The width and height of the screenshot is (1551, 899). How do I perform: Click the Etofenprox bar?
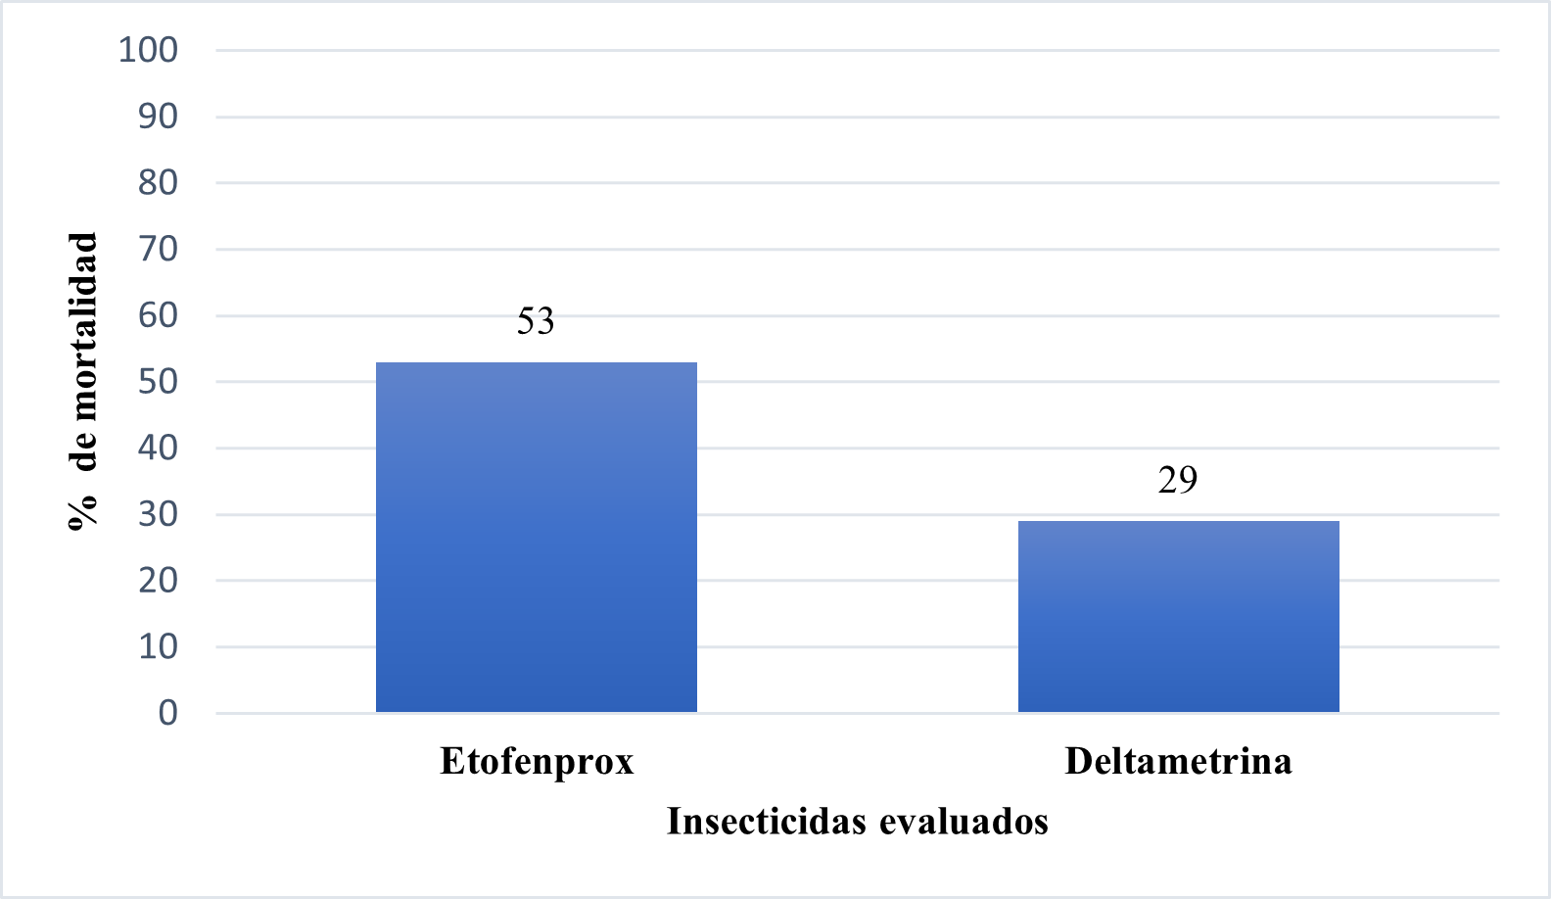tap(537, 537)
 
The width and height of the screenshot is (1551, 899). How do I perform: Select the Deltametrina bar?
tap(1178, 616)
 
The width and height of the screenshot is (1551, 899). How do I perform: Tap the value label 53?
tap(536, 321)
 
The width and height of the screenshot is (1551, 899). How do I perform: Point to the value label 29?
tap(1177, 480)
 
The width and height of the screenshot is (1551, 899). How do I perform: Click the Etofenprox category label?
tap(537, 761)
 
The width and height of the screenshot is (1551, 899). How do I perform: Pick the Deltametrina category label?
tap(1178, 761)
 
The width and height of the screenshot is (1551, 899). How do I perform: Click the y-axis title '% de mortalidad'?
tap(83, 381)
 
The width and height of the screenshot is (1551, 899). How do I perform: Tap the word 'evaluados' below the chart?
tap(963, 821)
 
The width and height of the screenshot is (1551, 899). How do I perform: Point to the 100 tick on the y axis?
tap(148, 50)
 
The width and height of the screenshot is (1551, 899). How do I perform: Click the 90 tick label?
tap(158, 117)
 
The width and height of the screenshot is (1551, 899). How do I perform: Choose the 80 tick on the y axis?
tap(158, 182)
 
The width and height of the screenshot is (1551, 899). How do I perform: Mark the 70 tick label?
tap(158, 249)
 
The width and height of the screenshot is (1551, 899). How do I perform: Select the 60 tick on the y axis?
tap(158, 315)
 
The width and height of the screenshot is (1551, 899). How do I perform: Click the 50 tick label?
tap(158, 381)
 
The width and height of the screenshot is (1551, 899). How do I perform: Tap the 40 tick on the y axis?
tap(158, 448)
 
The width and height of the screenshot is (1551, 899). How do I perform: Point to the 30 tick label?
tap(158, 514)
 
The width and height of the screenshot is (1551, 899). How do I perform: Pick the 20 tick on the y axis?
tap(158, 580)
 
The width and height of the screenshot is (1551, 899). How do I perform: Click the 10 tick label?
tap(158, 646)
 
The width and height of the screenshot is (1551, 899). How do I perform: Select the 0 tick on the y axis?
tap(167, 713)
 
